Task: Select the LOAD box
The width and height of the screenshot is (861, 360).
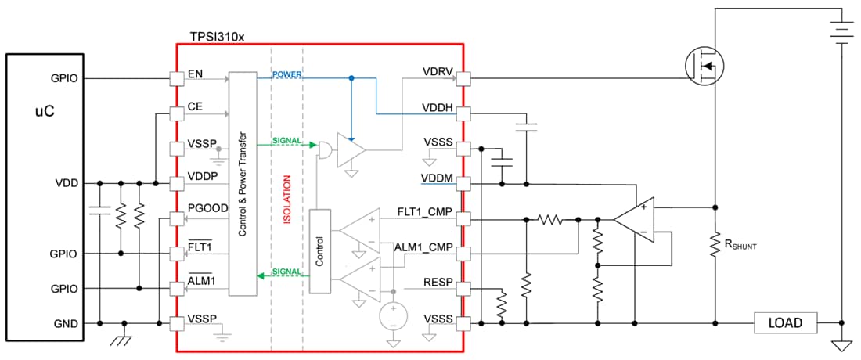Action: (x=785, y=322)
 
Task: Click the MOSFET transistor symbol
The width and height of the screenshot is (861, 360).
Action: (x=703, y=66)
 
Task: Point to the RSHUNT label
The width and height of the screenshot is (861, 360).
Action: (x=739, y=245)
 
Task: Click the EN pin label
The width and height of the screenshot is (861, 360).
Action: (x=196, y=75)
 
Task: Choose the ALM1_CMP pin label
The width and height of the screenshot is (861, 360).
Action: (x=424, y=248)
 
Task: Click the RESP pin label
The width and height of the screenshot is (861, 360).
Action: (x=437, y=283)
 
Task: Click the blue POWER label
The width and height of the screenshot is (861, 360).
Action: (x=287, y=75)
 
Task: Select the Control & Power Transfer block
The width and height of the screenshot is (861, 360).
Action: (x=242, y=184)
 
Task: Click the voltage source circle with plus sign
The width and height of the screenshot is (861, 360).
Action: (x=393, y=316)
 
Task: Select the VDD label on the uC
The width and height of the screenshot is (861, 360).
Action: (x=67, y=184)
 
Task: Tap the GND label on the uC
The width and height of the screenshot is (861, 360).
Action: (x=66, y=322)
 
